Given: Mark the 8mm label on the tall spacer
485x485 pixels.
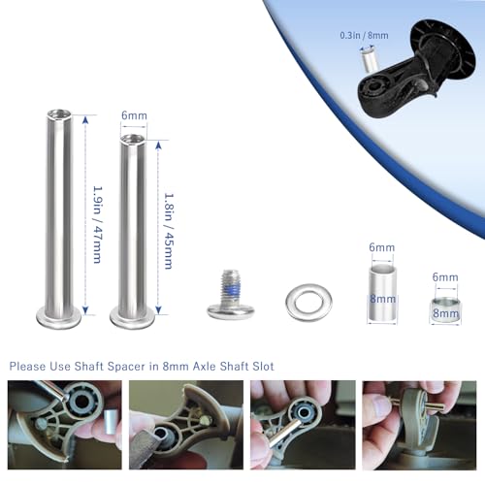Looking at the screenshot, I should coord(382,302).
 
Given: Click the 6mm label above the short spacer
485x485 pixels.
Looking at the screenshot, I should coord(445,277).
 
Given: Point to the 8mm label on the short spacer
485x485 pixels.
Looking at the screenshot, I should coord(445,313).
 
